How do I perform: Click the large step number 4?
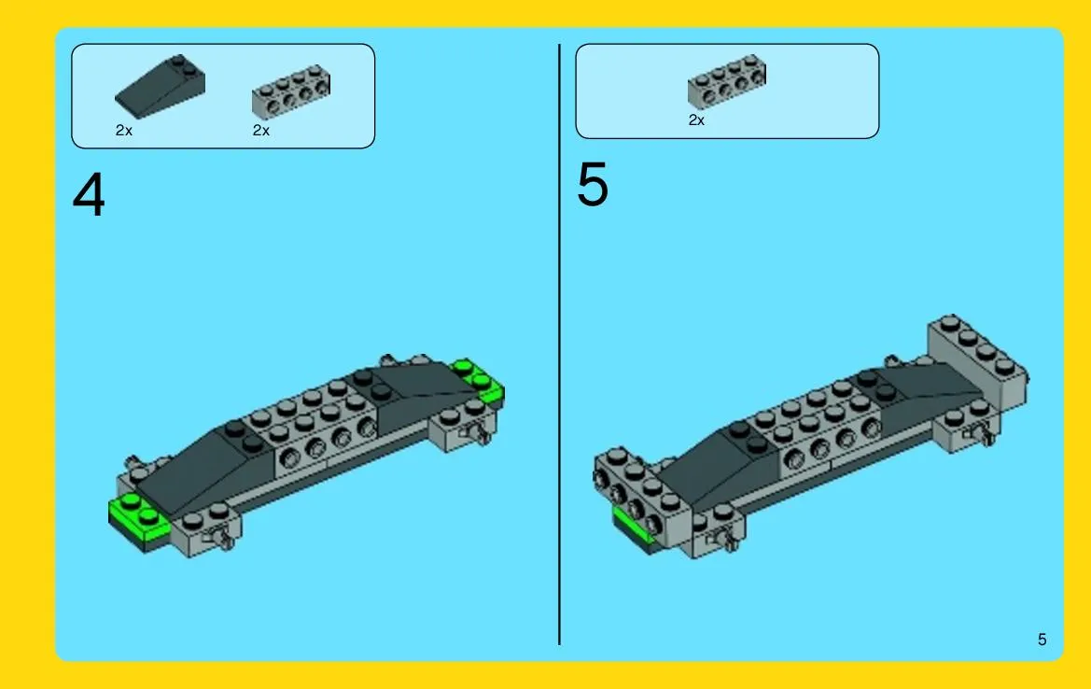point(89,195)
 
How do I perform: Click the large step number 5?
point(592,184)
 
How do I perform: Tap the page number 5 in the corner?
point(1042,640)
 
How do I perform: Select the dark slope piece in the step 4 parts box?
point(160,86)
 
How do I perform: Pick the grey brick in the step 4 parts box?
point(291,91)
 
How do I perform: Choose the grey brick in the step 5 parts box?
point(727,81)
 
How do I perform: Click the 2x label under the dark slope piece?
point(124,130)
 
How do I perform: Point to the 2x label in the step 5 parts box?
point(696,120)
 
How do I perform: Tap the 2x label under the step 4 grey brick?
point(261,130)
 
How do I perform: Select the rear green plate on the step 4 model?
point(480,381)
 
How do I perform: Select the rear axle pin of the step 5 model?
point(982,435)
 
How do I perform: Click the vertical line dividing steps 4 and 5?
point(559,344)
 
